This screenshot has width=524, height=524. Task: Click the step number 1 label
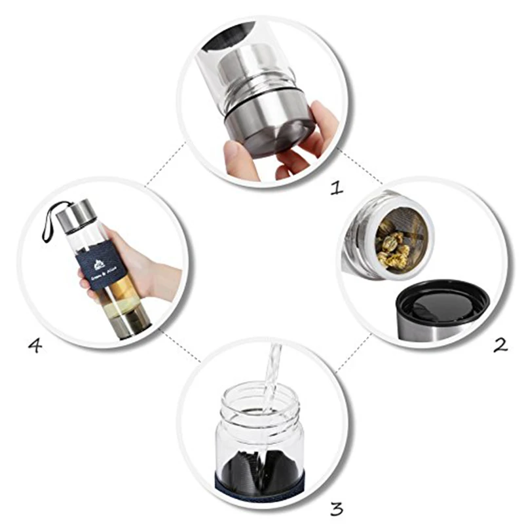click(x=336, y=189)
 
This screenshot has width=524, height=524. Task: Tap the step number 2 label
click(x=500, y=344)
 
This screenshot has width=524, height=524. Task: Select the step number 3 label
click(x=336, y=507)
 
